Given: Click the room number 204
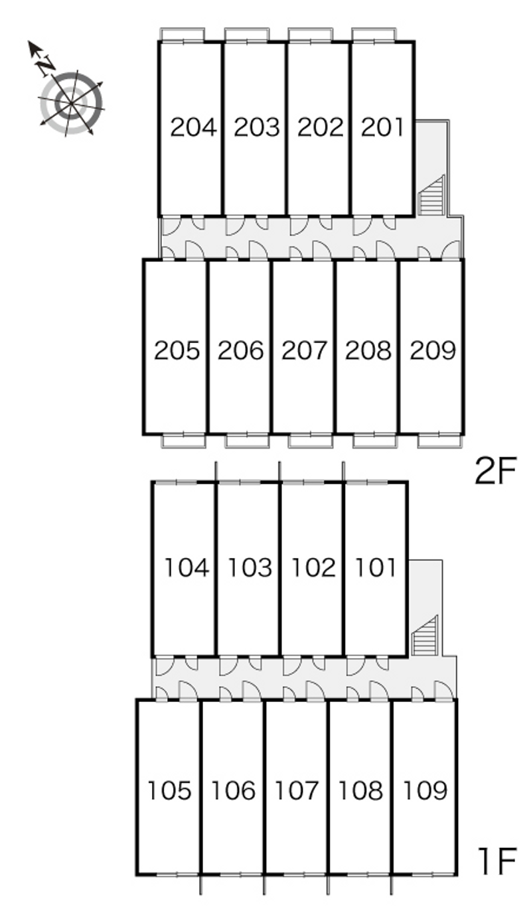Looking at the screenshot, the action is pyautogui.click(x=193, y=127).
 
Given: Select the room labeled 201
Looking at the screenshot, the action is pyautogui.click(x=382, y=127).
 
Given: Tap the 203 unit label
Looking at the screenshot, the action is pyautogui.click(x=257, y=127).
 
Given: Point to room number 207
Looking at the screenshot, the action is pyautogui.click(x=305, y=350).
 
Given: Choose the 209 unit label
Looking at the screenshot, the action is pyautogui.click(x=433, y=350).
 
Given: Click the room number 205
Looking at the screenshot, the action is pyautogui.click(x=177, y=350).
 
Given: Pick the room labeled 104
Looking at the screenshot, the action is pyautogui.click(x=187, y=568).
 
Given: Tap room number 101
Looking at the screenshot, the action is pyautogui.click(x=375, y=568).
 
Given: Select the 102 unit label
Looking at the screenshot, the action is pyautogui.click(x=313, y=568).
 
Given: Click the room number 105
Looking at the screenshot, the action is pyautogui.click(x=169, y=791).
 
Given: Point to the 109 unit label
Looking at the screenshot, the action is pyautogui.click(x=425, y=791).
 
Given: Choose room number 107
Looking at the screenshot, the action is pyautogui.click(x=296, y=791).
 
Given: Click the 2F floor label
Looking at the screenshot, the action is pyautogui.click(x=495, y=471).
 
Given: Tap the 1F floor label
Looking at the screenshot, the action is pyautogui.click(x=497, y=861).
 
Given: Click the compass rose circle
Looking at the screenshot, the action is pyautogui.click(x=72, y=103).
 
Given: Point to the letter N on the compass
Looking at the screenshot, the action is pyautogui.click(x=46, y=65).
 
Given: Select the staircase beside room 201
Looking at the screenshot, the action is pyautogui.click(x=431, y=196).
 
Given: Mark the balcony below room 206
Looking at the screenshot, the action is pyautogui.click(x=248, y=441).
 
